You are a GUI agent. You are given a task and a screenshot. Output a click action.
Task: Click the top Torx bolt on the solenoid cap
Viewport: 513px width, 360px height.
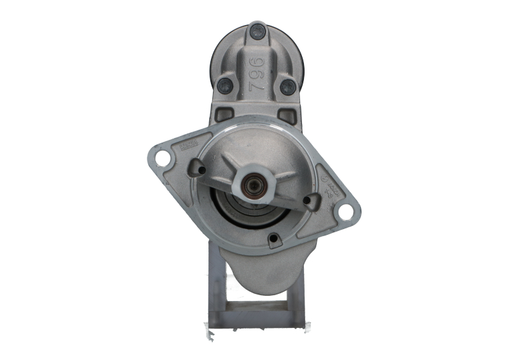258,29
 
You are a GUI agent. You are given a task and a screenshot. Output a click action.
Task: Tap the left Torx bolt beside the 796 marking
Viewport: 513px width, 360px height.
224,84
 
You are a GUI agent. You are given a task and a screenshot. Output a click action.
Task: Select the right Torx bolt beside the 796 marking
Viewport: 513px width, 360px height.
287,87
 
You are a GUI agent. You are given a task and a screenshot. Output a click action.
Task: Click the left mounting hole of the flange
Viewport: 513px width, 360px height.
163,158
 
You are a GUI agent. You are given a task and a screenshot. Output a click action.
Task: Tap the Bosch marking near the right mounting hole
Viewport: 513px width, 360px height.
328,183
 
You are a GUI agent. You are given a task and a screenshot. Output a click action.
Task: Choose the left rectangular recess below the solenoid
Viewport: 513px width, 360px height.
224,115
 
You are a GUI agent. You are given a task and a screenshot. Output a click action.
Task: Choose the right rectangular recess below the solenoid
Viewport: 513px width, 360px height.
289,116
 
